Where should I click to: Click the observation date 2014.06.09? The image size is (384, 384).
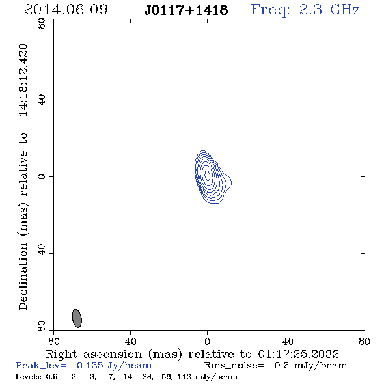click(66, 10)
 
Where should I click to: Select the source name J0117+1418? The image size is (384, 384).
click(186, 10)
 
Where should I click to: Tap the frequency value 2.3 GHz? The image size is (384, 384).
click(329, 10)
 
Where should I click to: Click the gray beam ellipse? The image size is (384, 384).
click(77, 318)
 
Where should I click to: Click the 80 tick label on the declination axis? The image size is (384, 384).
click(42, 23)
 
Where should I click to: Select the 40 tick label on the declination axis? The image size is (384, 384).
click(42, 100)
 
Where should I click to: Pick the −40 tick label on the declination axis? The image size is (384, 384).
click(42, 253)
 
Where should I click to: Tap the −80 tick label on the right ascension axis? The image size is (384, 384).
click(361, 342)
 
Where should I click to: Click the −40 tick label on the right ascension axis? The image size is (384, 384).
click(284, 342)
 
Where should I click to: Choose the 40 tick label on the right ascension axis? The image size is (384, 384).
click(131, 342)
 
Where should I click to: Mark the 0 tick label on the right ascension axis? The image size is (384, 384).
click(207, 342)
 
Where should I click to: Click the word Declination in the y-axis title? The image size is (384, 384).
click(23, 277)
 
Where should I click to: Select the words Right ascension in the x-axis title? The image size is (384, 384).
click(94, 354)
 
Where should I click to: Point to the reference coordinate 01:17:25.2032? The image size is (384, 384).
click(299, 354)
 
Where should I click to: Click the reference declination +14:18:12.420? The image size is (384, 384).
click(23, 85)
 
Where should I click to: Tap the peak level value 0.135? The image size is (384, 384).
click(90, 365)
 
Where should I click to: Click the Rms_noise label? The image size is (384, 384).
click(234, 366)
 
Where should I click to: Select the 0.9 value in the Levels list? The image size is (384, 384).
click(53, 377)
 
